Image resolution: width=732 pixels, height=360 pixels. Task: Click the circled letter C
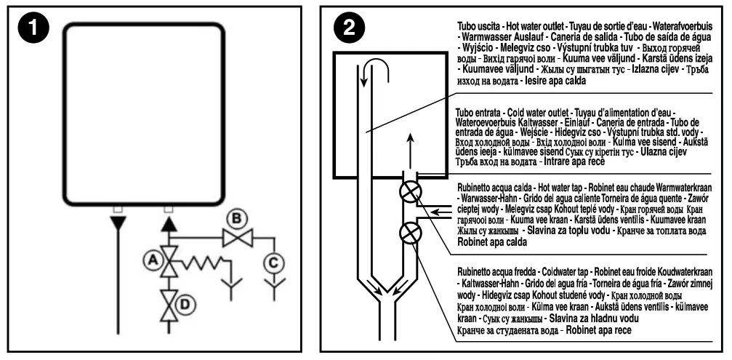pos(273,259)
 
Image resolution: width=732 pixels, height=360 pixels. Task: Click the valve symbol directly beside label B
pos(235,238)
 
